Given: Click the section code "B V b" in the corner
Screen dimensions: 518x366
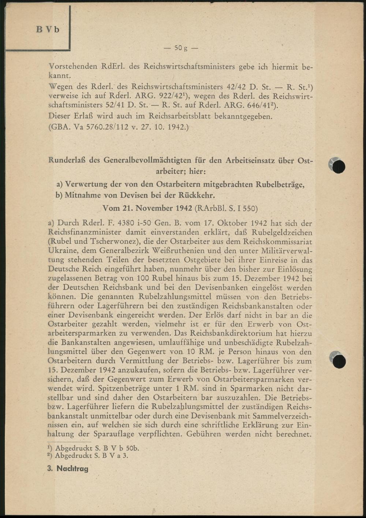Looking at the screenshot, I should click(48, 29).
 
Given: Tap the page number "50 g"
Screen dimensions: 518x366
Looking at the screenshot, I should click(180, 48).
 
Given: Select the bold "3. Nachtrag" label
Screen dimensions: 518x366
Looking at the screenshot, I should click(68, 469).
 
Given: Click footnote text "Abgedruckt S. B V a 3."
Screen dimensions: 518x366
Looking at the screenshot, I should click(91, 456).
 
